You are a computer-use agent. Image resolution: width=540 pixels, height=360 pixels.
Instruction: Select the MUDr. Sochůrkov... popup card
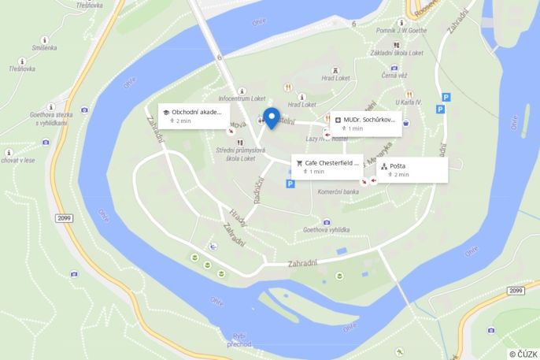click(367, 123)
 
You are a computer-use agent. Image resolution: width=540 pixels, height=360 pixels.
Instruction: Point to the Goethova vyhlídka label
click(326, 230)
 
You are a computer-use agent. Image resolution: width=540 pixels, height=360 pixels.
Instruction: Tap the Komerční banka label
click(338, 191)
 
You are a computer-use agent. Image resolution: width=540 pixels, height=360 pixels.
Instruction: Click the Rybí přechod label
click(239, 340)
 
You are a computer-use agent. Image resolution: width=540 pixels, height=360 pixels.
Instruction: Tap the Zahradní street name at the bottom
click(303, 262)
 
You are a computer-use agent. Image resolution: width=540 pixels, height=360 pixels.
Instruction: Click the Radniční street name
click(257, 188)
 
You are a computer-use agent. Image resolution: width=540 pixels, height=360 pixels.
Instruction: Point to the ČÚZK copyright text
click(523, 354)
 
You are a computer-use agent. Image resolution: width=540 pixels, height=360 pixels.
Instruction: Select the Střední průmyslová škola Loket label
click(240, 154)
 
